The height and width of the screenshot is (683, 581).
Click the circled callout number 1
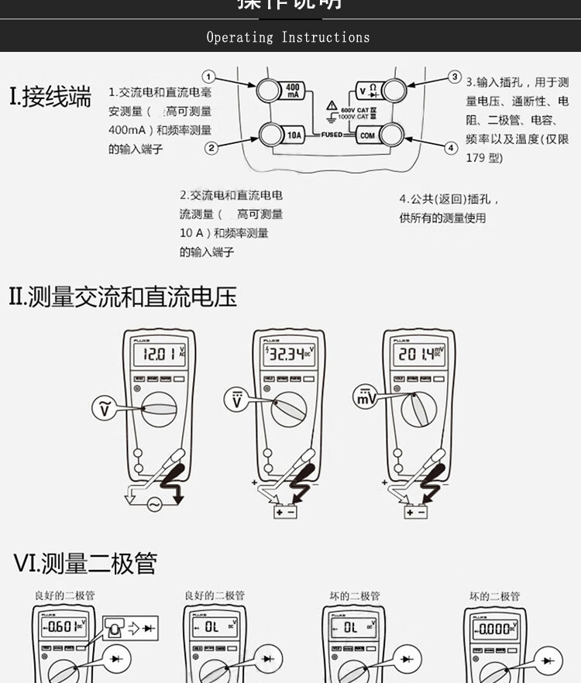[x=208, y=77]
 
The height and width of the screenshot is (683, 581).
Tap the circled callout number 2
[x=211, y=148]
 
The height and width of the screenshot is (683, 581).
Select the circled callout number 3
[x=455, y=77]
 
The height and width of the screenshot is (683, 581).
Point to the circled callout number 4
[x=452, y=147]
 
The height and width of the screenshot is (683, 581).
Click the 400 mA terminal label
[x=294, y=91]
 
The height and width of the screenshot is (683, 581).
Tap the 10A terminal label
[x=294, y=136]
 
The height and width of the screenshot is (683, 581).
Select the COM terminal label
[x=367, y=136]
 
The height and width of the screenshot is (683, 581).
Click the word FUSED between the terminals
[x=332, y=135]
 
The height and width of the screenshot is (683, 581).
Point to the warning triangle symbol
[x=332, y=104]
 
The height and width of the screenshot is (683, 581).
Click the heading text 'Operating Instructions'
[x=288, y=37]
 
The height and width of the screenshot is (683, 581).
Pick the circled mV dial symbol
[x=365, y=397]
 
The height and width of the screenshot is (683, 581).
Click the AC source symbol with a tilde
[x=155, y=504]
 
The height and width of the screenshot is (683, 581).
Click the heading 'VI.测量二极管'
[x=84, y=563]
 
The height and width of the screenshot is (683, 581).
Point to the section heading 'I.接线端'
[x=50, y=98]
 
